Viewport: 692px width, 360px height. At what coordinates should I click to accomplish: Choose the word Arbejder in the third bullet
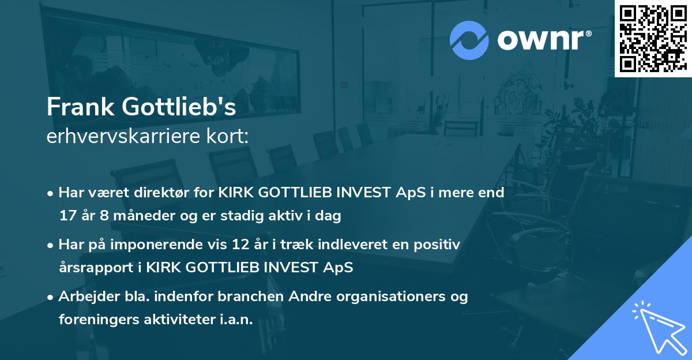85,297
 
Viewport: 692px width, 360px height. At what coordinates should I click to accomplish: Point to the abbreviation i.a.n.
235,320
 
